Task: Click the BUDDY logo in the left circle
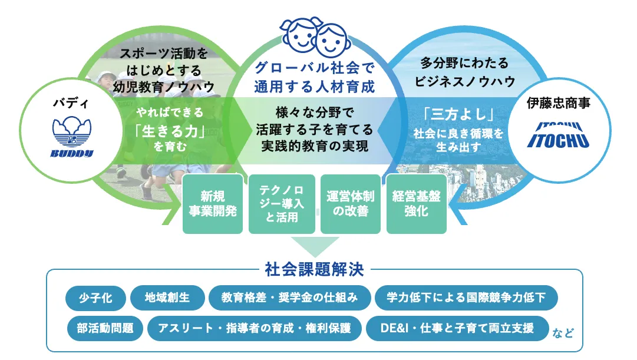click(72, 137)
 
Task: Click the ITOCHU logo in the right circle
click(558, 135)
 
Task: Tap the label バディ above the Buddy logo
click(71, 103)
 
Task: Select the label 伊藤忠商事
click(558, 103)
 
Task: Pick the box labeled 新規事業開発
click(213, 204)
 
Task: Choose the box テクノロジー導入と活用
click(282, 204)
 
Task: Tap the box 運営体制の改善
click(350, 204)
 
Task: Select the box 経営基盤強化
click(417, 204)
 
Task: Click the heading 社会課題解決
click(315, 269)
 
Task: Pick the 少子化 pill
click(95, 298)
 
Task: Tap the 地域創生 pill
click(167, 298)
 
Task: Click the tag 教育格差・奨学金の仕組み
click(290, 298)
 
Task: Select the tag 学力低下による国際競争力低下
click(466, 298)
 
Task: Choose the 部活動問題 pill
click(105, 328)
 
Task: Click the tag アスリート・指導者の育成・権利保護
click(255, 328)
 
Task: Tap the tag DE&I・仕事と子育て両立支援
click(457, 328)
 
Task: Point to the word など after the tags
click(563, 333)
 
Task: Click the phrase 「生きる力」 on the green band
click(169, 131)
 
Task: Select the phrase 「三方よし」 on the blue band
click(458, 114)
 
